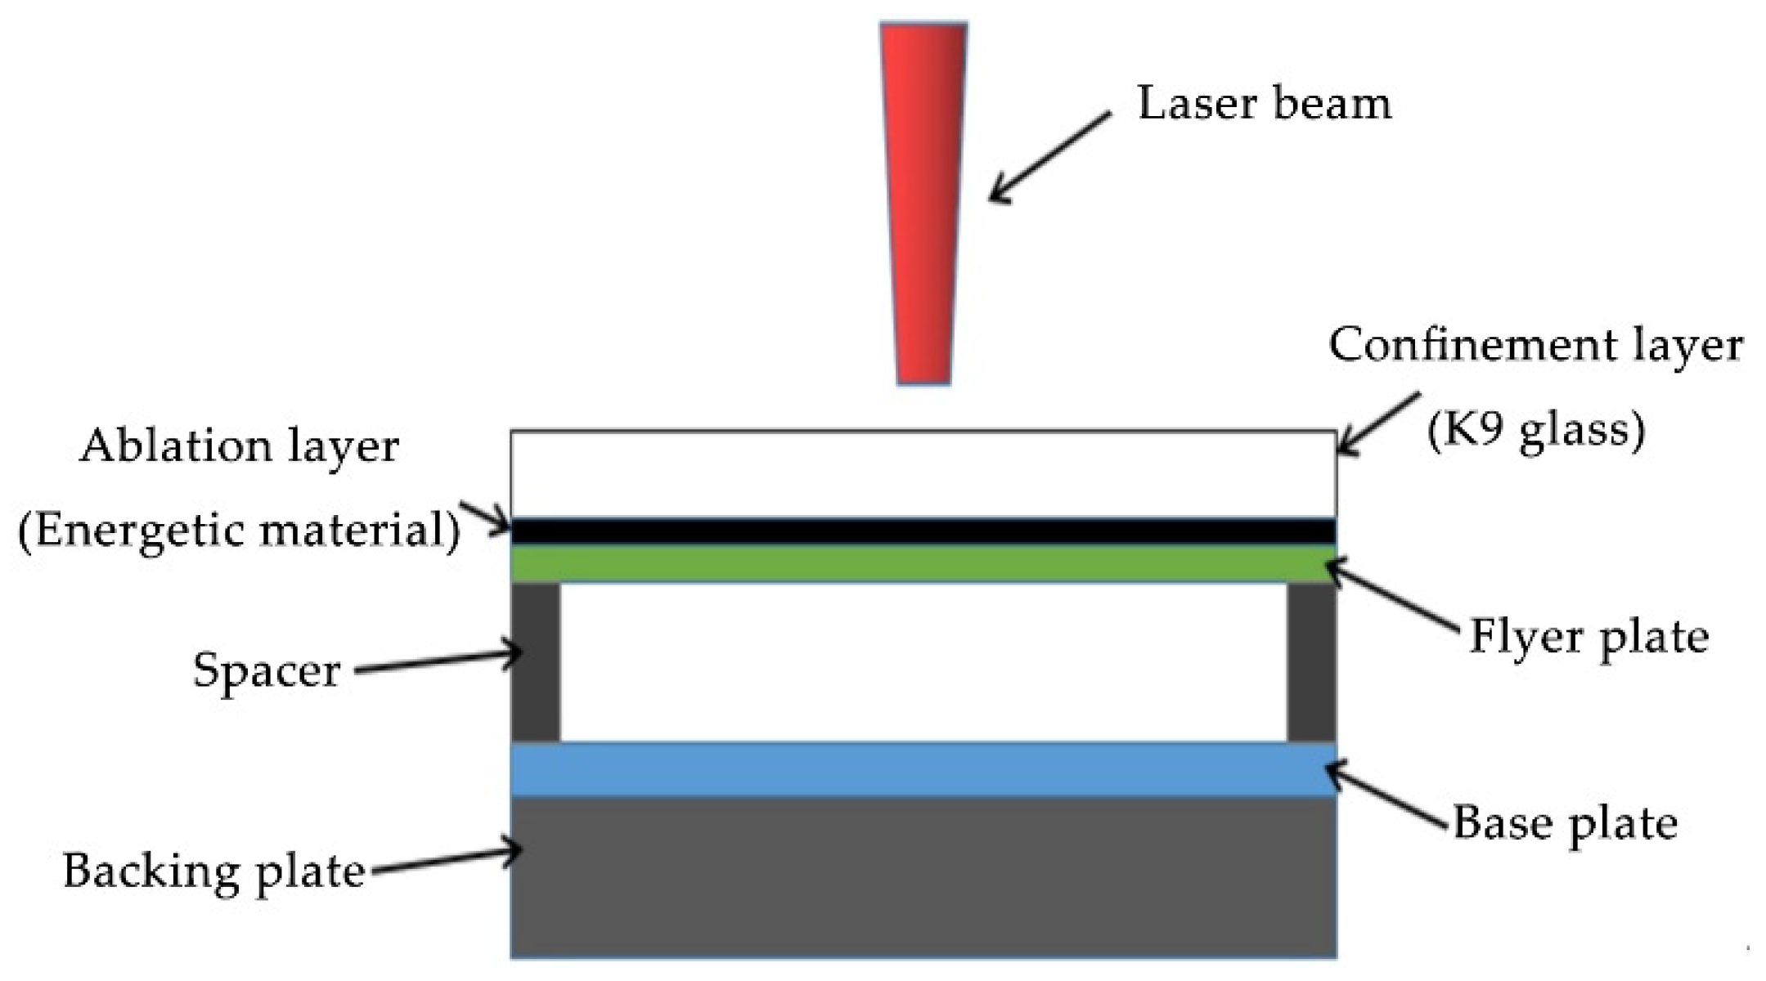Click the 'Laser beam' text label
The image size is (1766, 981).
[1264, 105]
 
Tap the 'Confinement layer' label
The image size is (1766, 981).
[1535, 345]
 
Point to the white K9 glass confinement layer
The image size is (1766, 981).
[923, 474]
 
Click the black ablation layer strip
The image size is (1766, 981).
[923, 531]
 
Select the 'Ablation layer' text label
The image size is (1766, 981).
[239, 447]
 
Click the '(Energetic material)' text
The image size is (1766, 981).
[239, 531]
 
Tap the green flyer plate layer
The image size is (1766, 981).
[923, 564]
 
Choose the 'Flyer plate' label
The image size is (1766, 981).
[1589, 638]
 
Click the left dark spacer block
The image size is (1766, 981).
[536, 662]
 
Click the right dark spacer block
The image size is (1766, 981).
[1311, 662]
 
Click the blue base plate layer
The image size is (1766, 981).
[923, 769]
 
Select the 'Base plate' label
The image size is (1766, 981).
[1565, 823]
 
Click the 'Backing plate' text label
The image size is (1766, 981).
[214, 871]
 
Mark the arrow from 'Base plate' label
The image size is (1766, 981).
[1386, 798]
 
